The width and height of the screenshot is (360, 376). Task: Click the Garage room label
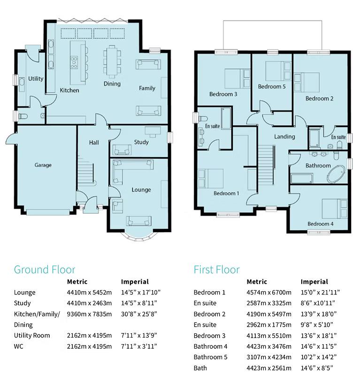click(x=43, y=165)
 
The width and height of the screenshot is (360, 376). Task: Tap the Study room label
click(x=141, y=142)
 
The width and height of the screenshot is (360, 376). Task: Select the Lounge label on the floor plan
click(x=141, y=190)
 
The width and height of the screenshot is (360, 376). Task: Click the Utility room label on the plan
click(x=36, y=79)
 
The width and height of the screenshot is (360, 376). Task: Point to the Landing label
click(x=284, y=136)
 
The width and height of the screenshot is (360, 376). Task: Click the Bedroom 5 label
click(x=272, y=87)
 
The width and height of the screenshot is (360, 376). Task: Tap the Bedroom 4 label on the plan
click(x=320, y=224)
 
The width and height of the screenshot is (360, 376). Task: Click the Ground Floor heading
click(x=44, y=270)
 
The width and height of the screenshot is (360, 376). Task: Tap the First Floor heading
click(x=216, y=270)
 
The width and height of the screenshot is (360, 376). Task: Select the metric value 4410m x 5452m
click(x=89, y=293)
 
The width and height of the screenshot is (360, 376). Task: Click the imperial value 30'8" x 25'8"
click(x=138, y=314)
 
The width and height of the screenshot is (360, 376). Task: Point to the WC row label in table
click(x=19, y=346)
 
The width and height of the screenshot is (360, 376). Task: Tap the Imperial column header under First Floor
click(x=314, y=282)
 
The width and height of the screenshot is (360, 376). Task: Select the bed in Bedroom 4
click(x=334, y=209)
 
